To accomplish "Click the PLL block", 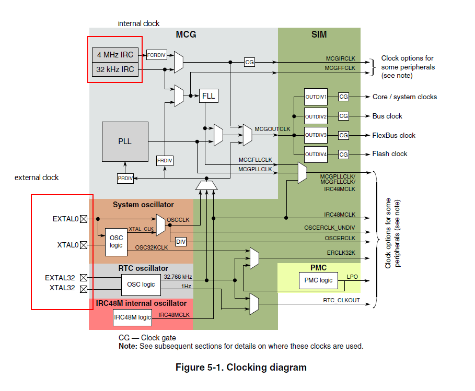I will pyautogui.click(x=125, y=141).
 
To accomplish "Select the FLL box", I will pyautogui.click(x=208, y=96).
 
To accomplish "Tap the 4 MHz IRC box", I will pyautogui.click(x=115, y=55).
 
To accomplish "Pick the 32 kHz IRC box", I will pyautogui.click(x=115, y=69).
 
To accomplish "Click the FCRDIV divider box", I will pyautogui.click(x=156, y=54).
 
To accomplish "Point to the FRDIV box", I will pyautogui.click(x=165, y=161).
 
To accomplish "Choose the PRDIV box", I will pyautogui.click(x=125, y=179).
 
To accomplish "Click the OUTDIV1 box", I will pyautogui.click(x=316, y=97).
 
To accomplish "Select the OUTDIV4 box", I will pyautogui.click(x=316, y=154).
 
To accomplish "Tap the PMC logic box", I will pyautogui.click(x=319, y=280).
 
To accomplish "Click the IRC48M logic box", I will pyautogui.click(x=132, y=317).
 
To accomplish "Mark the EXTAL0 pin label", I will pyautogui.click(x=65, y=219).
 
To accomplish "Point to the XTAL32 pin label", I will pyautogui.click(x=64, y=288).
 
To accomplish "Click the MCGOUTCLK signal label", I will pyautogui.click(x=272, y=128).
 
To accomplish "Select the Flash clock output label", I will pyautogui.click(x=390, y=154).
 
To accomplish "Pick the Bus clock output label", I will pyautogui.click(x=387, y=116).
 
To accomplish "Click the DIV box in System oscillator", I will pyautogui.click(x=181, y=242).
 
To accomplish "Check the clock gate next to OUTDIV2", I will pyautogui.click(x=343, y=116).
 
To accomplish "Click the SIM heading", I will pyautogui.click(x=319, y=34).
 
